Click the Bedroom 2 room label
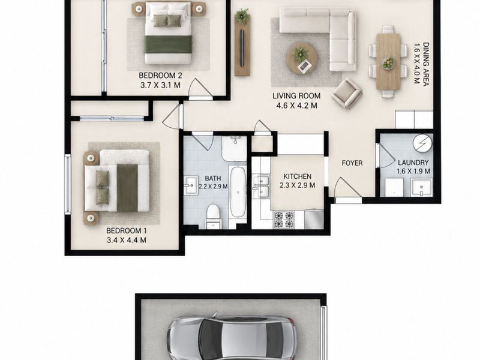click(x=160, y=76)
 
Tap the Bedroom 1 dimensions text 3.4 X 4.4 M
click(x=127, y=241)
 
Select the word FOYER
click(x=352, y=163)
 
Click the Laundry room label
click(x=413, y=163)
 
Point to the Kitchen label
click(x=297, y=176)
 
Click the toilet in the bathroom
click(x=214, y=217)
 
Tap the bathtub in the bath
click(x=238, y=192)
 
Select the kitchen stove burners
click(x=284, y=220)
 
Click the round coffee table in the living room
click(x=302, y=58)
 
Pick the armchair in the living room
click(x=347, y=93)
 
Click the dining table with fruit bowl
click(x=388, y=62)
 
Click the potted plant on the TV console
click(x=242, y=16)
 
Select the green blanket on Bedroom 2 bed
click(x=168, y=44)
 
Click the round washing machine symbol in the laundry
click(x=422, y=143)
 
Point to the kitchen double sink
click(x=261, y=186)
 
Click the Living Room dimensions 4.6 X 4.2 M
click(x=296, y=106)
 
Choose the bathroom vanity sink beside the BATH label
click(x=190, y=185)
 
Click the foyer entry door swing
click(x=347, y=188)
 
